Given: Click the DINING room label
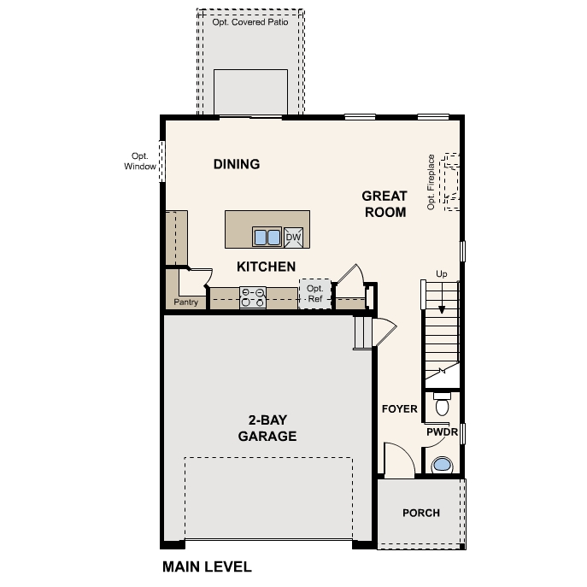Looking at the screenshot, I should click(x=237, y=164).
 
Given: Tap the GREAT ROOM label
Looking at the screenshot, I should click(x=384, y=203).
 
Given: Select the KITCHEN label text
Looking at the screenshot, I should click(x=267, y=267).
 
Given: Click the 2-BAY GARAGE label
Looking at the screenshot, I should click(x=267, y=428).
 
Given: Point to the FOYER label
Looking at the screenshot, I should click(x=399, y=409).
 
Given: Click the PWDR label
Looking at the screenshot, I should click(x=443, y=432).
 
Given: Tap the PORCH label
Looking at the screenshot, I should click(x=421, y=513).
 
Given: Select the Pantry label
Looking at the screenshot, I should click(x=186, y=302).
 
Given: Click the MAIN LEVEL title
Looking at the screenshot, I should click(x=207, y=566).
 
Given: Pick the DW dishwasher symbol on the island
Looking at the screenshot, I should click(x=293, y=237).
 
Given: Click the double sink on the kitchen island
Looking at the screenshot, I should click(x=267, y=237).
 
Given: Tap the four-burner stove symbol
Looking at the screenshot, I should click(x=253, y=296).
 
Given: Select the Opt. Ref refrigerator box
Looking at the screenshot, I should click(x=314, y=295).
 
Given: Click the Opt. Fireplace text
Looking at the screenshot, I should click(x=431, y=181).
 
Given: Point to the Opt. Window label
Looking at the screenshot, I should click(x=139, y=161).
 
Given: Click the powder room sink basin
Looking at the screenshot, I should click(x=442, y=465).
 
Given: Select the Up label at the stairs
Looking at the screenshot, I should click(x=442, y=273).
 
